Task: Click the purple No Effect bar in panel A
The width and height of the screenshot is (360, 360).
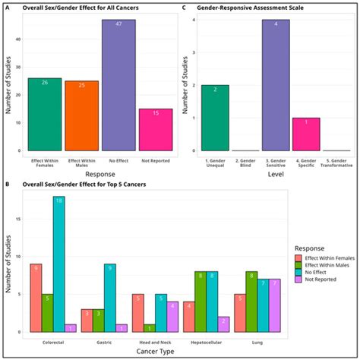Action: click(119, 85)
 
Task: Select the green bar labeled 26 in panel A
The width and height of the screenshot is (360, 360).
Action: click(44, 114)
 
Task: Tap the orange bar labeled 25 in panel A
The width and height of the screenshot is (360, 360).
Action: click(81, 115)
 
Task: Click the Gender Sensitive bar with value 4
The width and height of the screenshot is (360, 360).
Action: click(281, 85)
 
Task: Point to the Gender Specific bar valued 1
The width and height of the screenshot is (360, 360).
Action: click(316, 134)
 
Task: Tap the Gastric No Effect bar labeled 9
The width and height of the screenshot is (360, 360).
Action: click(109, 297)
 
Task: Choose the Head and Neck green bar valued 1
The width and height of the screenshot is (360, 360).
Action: click(149, 327)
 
